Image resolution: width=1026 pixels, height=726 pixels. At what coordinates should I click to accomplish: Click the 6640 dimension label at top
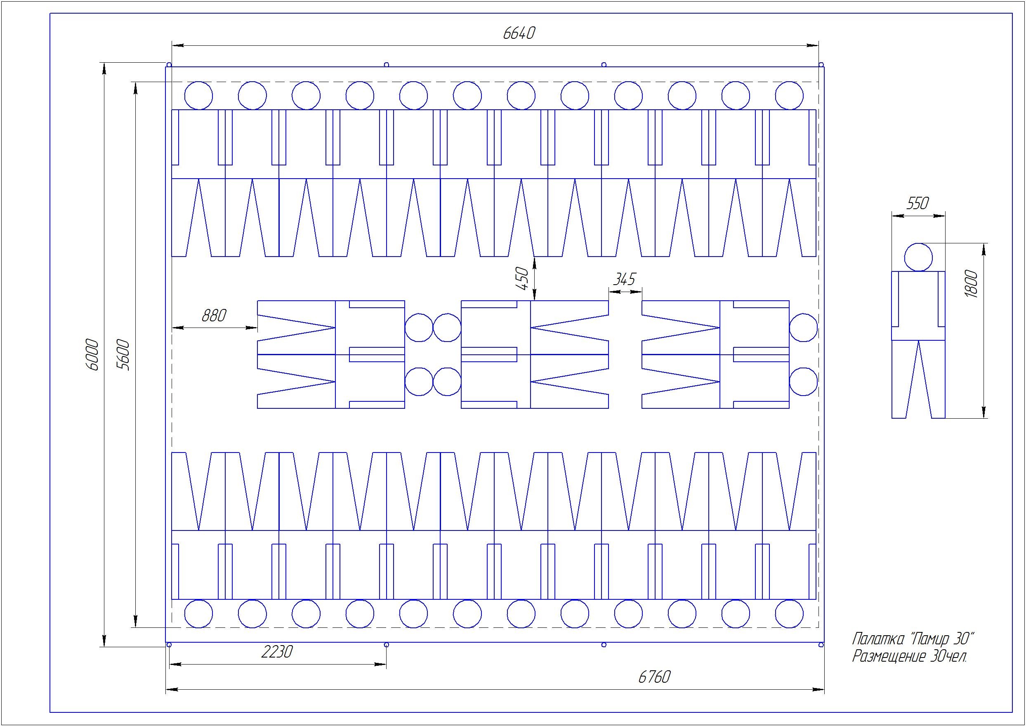519,33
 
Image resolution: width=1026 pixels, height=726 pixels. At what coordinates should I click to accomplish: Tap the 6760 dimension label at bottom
654,677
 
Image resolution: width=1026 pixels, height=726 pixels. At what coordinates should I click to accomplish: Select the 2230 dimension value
277,652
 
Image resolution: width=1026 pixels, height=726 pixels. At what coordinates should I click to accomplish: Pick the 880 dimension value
214,316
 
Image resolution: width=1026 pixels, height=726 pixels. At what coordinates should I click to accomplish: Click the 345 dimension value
624,280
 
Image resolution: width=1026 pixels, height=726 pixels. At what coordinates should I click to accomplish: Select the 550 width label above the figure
918,204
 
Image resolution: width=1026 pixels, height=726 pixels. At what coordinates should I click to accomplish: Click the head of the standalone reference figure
918,257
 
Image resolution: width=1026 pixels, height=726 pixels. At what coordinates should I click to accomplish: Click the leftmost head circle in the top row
198,96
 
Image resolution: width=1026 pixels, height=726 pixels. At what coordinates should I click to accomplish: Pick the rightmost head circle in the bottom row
789,614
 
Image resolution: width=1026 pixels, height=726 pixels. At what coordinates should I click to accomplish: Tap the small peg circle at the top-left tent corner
169,65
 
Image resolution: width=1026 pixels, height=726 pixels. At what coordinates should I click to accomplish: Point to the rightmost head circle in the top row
789,96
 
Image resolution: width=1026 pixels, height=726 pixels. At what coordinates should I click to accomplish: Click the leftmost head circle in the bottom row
198,614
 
